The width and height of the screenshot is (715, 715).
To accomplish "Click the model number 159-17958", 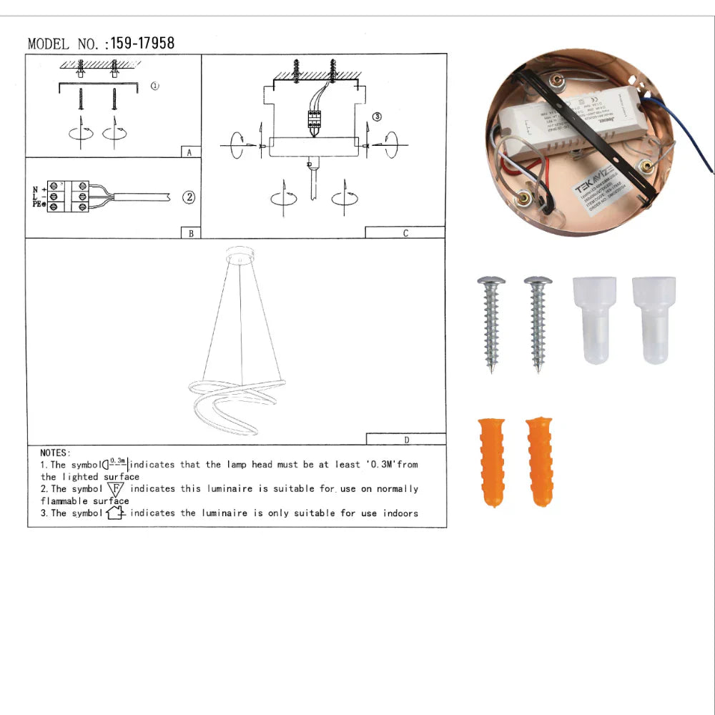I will [x=142, y=44].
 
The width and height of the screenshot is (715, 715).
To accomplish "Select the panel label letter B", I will [x=190, y=233].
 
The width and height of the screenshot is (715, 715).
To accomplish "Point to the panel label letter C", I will [x=405, y=233].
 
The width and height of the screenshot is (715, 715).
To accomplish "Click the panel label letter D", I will [x=406, y=439].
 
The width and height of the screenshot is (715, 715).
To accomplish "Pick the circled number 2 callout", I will [x=189, y=197].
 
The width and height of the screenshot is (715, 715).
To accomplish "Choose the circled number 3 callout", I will [x=378, y=117].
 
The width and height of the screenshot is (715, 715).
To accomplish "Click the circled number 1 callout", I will [x=155, y=86].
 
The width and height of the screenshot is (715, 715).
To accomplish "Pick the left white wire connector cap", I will [x=593, y=320].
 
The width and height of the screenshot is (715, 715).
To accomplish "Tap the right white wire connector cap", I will [x=654, y=320].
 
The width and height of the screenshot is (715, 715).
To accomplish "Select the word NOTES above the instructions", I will [x=55, y=453].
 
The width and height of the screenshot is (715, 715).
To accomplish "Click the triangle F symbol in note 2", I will [x=118, y=489].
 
